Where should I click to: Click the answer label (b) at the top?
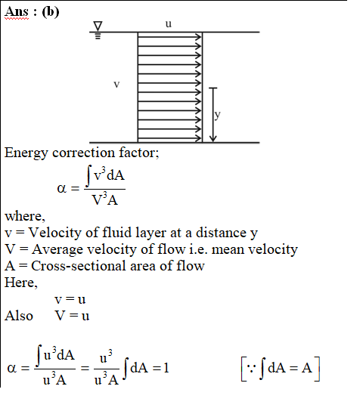coord(51,12)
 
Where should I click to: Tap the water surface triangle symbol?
coord(98,26)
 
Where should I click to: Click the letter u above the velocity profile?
coord(169,23)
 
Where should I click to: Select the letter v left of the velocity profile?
coord(116,84)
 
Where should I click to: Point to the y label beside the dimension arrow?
coord(217,115)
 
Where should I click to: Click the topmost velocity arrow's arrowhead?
coord(198,37)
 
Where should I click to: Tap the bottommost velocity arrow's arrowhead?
coord(198,138)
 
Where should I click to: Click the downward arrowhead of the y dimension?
coord(213,138)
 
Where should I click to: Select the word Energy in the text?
coord(26,153)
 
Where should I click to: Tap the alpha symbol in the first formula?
coord(62,189)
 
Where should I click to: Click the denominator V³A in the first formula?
coord(104,199)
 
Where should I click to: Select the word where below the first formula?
coord(25,216)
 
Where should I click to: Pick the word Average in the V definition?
coord(57,250)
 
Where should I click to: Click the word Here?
coord(21,283)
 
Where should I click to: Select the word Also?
coord(19,316)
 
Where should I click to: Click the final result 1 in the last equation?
coord(166,368)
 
